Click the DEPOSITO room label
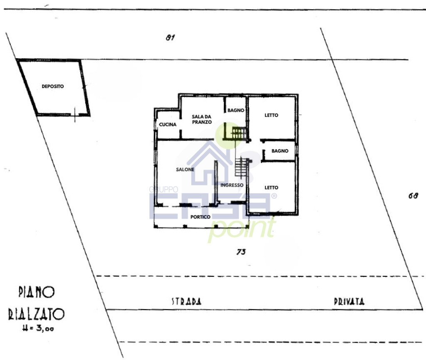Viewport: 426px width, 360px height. tap(53, 86)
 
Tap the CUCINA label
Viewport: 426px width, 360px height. tap(168, 124)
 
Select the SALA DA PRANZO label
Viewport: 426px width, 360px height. tap(202, 119)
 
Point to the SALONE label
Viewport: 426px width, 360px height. tap(185, 170)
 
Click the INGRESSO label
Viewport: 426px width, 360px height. tap(232, 185)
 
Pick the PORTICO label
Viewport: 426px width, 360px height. tap(200, 217)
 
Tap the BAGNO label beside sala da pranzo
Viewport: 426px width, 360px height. tap(236, 110)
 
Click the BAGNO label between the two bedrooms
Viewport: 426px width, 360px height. tap(280, 151)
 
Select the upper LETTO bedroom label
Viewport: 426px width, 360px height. tap(271, 115)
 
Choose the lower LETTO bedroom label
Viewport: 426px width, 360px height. tap(271, 187)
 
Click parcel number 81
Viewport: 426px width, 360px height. tap(170, 37)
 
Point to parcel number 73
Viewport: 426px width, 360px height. tap(241, 252)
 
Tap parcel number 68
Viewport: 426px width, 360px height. tap(413, 195)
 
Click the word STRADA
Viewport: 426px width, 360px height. tap(186, 301)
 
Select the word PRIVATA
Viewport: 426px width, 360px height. tap(349, 301)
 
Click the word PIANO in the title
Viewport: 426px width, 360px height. tap(37, 292)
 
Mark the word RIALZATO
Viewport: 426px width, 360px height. tap(36, 314)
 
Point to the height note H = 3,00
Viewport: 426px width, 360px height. tap(38, 328)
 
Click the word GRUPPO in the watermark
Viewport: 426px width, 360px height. tap(163, 189)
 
